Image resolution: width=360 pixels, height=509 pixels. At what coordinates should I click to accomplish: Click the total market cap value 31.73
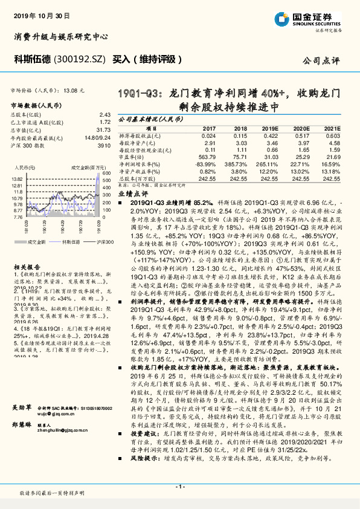(x=104, y=129)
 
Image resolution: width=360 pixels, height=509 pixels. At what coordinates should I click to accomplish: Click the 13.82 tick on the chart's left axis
(x=17, y=180)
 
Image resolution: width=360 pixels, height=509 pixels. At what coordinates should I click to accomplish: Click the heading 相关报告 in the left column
(x=25, y=250)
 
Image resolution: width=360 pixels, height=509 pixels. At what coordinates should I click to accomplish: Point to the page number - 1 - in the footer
(x=179, y=487)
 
